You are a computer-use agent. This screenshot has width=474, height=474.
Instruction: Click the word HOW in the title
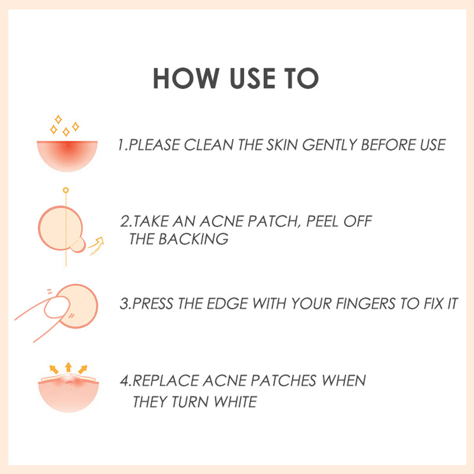pyautogui.click(x=186, y=79)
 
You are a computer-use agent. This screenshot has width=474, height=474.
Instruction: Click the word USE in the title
pyautogui.click(x=253, y=79)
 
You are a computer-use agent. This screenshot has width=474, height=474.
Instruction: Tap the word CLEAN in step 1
pyautogui.click(x=209, y=145)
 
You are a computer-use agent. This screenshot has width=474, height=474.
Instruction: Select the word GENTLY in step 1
pyautogui.click(x=330, y=145)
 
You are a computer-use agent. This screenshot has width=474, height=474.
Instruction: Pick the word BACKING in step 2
pyautogui.click(x=193, y=239)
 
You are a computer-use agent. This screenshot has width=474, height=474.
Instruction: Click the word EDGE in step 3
pyautogui.click(x=227, y=304)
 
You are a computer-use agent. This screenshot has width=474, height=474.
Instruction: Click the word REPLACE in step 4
pyautogui.click(x=166, y=381)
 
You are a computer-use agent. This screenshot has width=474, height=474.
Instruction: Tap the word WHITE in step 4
pyautogui.click(x=235, y=402)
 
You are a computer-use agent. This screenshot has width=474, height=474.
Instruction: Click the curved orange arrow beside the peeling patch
pyautogui.click(x=96, y=245)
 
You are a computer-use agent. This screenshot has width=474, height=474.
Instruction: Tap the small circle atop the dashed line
pyautogui.click(x=66, y=190)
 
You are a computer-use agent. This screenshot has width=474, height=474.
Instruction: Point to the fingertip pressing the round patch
pyautogui.click(x=57, y=307)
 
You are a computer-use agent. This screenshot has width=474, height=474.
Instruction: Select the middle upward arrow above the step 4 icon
pyautogui.click(x=68, y=367)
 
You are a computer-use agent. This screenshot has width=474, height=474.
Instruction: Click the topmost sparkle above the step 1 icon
pyautogui.click(x=58, y=119)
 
